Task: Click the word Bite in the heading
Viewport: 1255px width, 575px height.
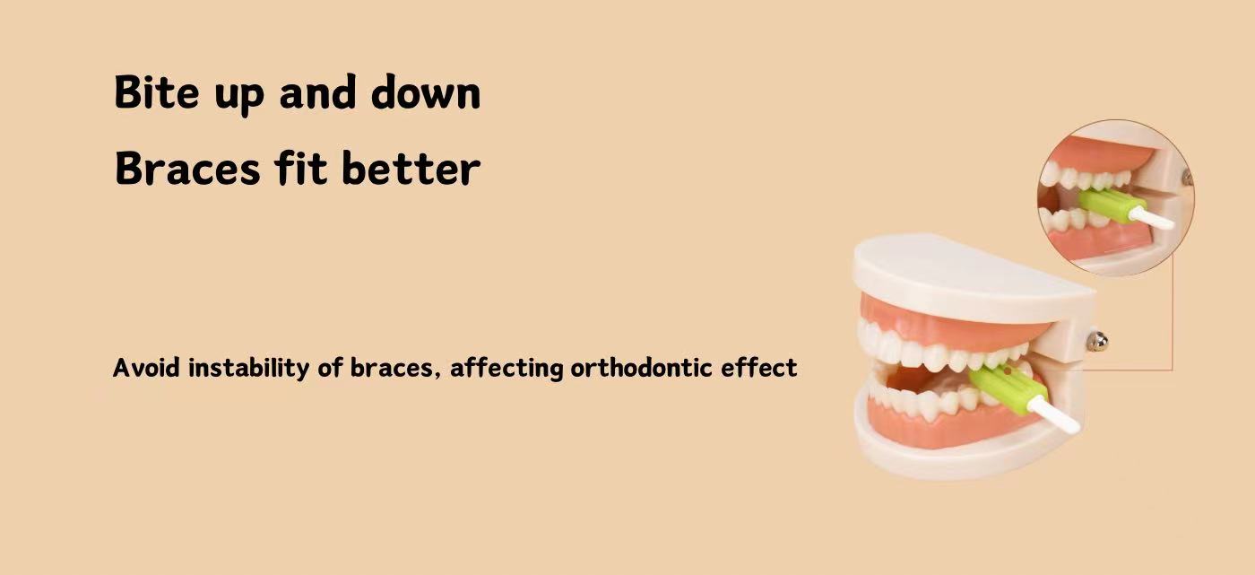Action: [156, 91]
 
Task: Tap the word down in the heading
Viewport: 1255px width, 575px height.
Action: [426, 91]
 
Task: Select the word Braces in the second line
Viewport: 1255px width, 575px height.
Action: [187, 168]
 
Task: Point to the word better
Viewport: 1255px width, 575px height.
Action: [411, 167]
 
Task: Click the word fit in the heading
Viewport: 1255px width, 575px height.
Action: [301, 167]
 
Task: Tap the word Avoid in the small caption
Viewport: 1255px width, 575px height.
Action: [146, 368]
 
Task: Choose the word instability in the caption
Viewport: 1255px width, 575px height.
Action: [249, 368]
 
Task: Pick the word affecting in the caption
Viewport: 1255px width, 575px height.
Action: [506, 369]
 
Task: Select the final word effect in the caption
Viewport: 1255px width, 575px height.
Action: [758, 368]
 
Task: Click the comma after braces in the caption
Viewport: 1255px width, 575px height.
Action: [437, 377]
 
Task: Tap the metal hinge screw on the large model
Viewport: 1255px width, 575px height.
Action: [1097, 341]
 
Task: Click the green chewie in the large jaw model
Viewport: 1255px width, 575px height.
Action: [1008, 388]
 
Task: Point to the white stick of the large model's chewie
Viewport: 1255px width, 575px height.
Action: [1053, 414]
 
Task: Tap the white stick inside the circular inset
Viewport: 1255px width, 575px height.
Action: [1151, 217]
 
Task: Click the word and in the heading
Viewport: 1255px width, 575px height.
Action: [317, 91]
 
